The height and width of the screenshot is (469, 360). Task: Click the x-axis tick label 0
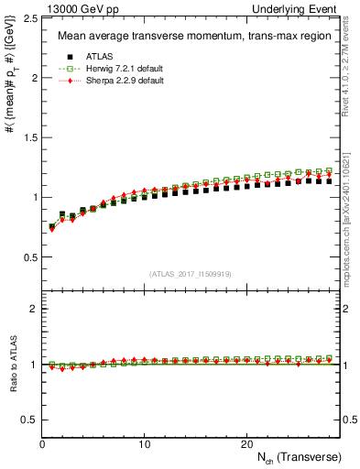[x=42, y=444]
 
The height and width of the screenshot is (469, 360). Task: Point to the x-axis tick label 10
[x=144, y=444]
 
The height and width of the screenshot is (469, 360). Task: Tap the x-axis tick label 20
[x=245, y=444]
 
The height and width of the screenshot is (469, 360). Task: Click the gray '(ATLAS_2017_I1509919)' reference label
[x=191, y=273]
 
